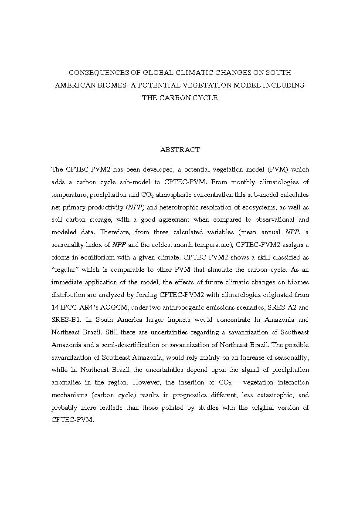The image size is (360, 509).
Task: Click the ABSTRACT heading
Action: (180, 149)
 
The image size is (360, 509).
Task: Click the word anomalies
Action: (68, 383)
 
